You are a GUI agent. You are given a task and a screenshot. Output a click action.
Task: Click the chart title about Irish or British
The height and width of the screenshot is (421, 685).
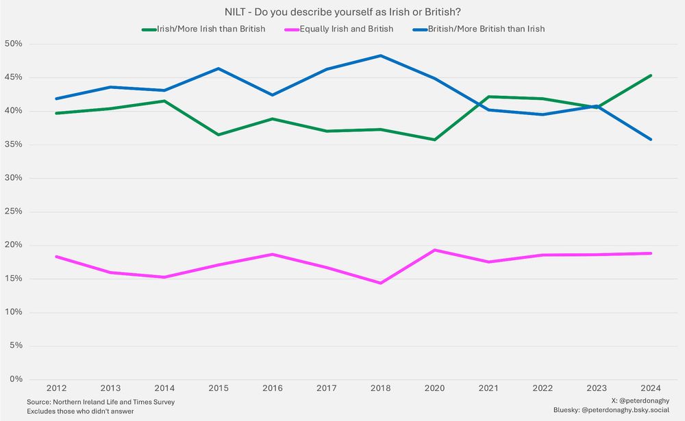(x=342, y=12)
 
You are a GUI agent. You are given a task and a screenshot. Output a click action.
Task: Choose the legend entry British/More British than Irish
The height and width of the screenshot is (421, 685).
(x=485, y=29)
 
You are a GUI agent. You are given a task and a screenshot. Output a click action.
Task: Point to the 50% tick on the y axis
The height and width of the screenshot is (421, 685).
(x=14, y=44)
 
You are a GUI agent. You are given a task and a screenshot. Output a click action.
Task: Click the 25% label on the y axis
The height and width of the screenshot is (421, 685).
(x=14, y=212)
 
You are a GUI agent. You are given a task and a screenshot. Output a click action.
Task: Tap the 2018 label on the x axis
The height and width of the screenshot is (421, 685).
(x=382, y=389)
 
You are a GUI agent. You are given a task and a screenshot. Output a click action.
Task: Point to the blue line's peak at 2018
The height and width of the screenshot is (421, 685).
(x=382, y=55)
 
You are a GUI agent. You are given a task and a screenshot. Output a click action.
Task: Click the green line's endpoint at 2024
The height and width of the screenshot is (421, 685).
(x=650, y=75)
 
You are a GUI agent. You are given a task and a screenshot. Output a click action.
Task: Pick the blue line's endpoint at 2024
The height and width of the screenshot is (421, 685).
(x=650, y=139)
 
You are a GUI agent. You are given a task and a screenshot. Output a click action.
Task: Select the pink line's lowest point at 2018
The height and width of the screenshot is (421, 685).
(x=382, y=283)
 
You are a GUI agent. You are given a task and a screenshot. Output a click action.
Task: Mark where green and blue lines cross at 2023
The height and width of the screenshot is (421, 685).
(x=595, y=106)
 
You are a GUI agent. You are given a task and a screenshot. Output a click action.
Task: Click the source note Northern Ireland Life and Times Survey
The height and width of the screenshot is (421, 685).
(x=101, y=402)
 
